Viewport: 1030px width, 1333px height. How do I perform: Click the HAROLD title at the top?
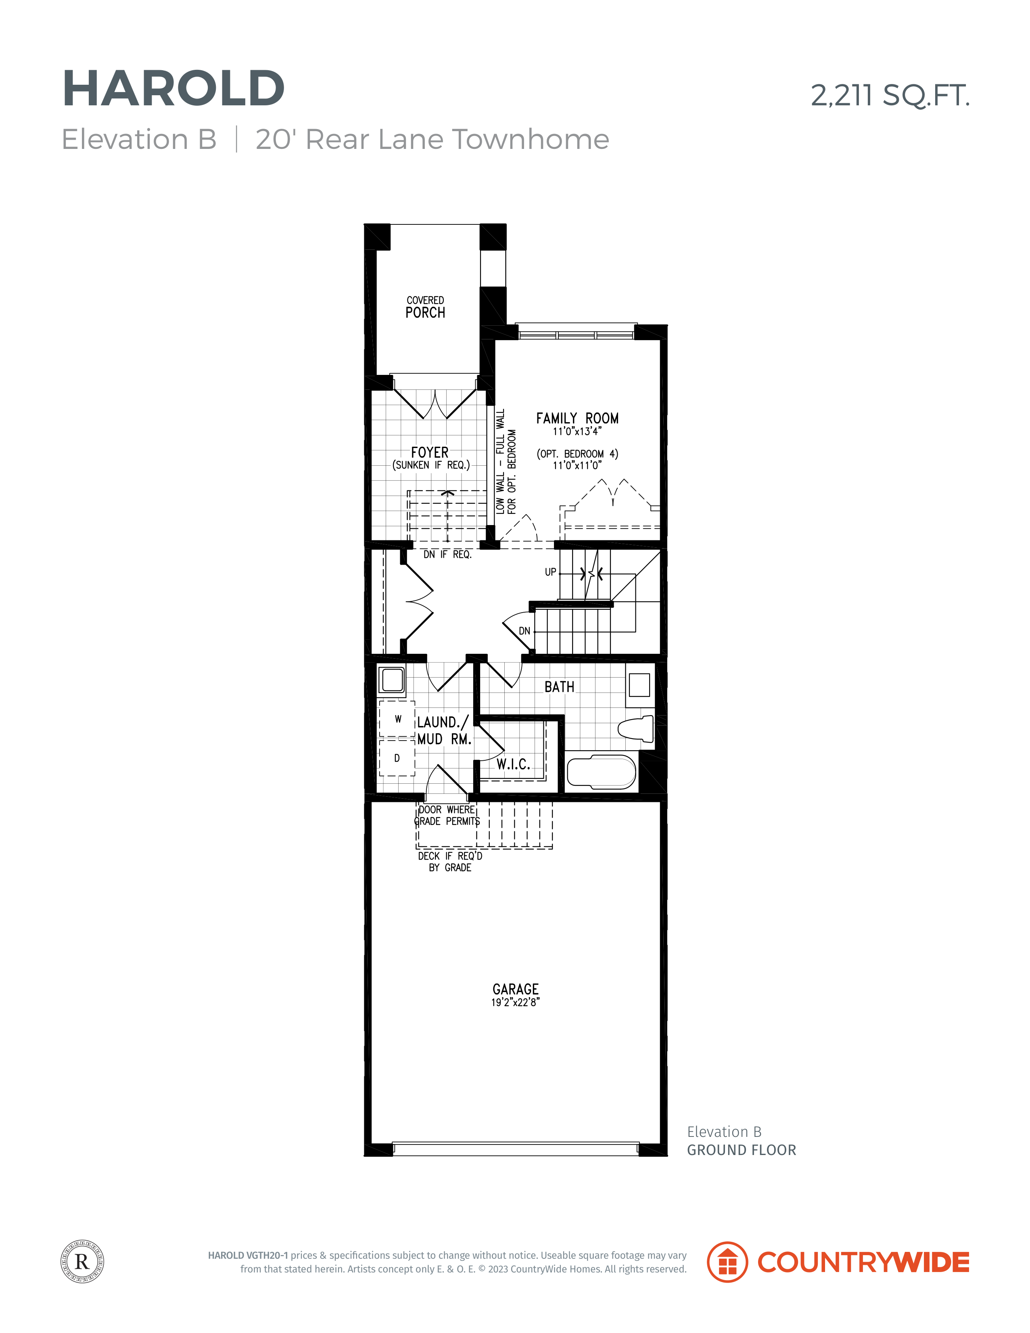coord(173,88)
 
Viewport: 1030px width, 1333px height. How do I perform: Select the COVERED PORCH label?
coord(425,308)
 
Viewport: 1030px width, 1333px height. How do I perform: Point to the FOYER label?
coord(430,452)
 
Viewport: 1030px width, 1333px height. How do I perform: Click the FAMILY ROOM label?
coord(577,418)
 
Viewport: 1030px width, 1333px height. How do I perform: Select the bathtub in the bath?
coord(602,772)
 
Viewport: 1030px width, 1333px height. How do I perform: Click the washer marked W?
coord(397,719)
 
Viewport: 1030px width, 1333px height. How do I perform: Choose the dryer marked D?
coord(397,758)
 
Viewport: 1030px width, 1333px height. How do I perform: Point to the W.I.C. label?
coord(513,764)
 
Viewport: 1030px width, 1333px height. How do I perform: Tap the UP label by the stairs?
coord(550,572)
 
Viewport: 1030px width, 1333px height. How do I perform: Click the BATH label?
coord(560,686)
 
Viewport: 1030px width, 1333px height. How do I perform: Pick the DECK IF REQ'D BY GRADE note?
coord(450,862)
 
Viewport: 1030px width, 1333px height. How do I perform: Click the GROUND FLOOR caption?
coord(742,1150)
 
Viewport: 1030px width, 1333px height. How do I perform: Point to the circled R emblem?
coord(82,1262)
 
